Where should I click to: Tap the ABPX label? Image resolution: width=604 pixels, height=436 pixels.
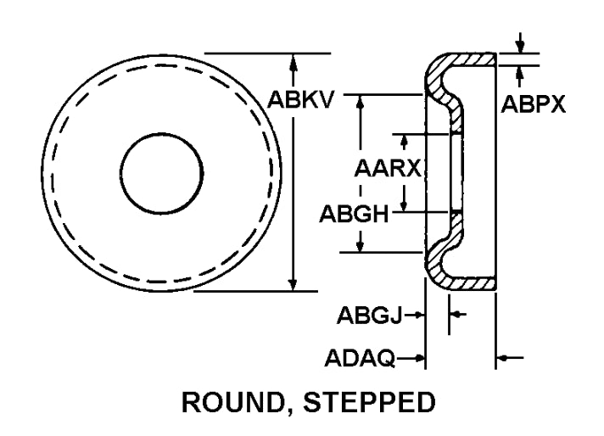coord(533,104)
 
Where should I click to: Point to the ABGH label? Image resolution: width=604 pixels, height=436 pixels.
coord(353,213)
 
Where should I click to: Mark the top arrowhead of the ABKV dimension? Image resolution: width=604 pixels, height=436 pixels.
coord(294,60)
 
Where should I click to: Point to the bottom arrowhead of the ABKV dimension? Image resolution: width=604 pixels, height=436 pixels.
coord(294,285)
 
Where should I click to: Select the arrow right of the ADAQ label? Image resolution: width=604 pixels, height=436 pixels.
coord(417,359)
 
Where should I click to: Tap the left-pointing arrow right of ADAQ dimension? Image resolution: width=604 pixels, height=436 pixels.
coord(505,359)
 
